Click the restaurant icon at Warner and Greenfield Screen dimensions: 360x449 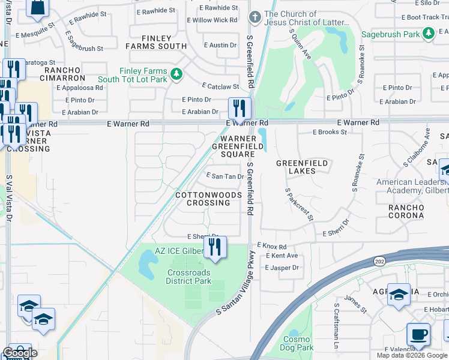[x=239, y=109]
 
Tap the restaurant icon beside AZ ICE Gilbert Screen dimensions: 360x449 [x=215, y=247]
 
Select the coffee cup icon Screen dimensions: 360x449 [x=418, y=334]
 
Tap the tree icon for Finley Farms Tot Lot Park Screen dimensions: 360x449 [x=176, y=74]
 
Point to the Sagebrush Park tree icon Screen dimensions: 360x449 [x=428, y=34]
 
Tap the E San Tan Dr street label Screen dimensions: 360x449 [x=225, y=176]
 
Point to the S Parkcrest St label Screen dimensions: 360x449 [x=299, y=204]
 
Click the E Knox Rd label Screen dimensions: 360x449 [x=272, y=246]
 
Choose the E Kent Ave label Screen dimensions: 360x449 [x=282, y=256]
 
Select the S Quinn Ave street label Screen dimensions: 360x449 [x=301, y=45]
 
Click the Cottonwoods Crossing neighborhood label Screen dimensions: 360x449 [x=208, y=199]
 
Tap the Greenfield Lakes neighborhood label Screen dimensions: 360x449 [x=301, y=167]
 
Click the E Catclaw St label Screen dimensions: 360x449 [x=220, y=86]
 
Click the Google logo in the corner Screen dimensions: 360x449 [x=20, y=353]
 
